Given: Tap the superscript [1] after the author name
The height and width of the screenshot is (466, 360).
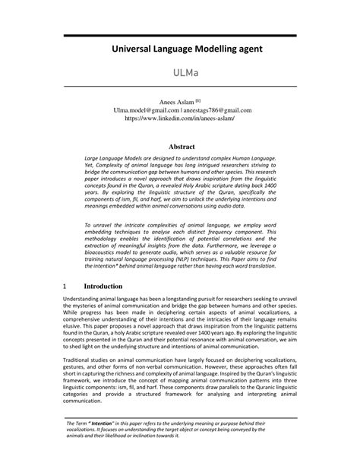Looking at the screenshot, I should (x=198, y=100).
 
